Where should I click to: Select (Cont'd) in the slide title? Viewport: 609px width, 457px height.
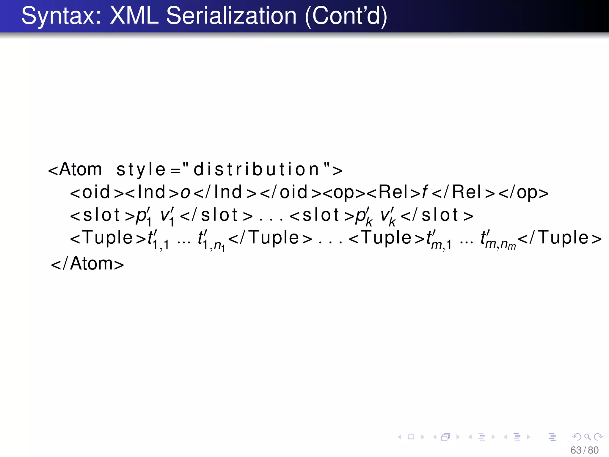346,16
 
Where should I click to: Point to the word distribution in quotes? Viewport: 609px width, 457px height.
256,170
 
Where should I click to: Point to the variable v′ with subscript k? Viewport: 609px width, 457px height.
388,216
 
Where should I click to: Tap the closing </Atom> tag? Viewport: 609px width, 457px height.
87,264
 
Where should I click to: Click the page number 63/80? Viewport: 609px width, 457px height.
584,450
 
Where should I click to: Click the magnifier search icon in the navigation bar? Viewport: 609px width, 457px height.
587,437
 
